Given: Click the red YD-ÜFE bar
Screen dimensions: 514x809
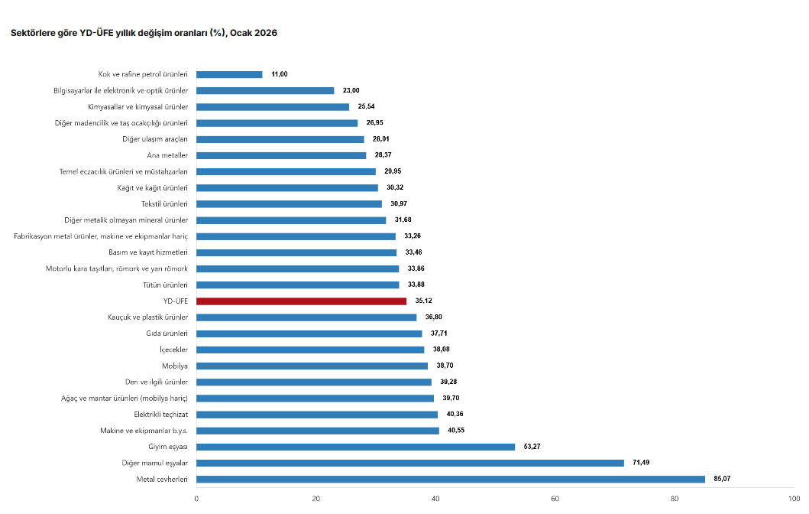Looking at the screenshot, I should pos(301,301).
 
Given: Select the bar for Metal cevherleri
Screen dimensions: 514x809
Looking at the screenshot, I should pos(451,480).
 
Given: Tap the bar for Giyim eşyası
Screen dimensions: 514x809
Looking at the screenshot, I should pos(355,447).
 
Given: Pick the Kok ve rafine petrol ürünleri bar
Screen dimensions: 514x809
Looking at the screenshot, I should pos(229,74).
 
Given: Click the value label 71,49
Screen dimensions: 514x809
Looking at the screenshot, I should pos(640,463).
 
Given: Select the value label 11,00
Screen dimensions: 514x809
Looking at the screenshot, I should pos(280,74).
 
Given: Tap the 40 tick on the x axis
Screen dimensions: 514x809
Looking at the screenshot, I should pos(435,499).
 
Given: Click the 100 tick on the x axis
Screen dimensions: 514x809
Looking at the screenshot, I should pos(794,499).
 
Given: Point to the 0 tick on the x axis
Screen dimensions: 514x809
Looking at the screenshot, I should pos(196,499).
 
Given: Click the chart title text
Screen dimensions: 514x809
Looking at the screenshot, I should pos(144,33).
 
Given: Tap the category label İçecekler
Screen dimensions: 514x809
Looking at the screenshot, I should pos(173,350).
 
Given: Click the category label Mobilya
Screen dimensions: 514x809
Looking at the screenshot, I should pos(175,366).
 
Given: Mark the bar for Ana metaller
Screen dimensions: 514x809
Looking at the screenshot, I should pos(281,155).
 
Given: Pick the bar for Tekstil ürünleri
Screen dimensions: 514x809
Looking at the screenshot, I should pos(289,204).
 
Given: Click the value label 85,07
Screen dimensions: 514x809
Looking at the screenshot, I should pos(721,480).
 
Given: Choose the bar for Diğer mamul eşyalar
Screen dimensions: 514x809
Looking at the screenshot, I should pos(410,463).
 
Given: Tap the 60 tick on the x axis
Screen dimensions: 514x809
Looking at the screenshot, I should pos(555,499).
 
